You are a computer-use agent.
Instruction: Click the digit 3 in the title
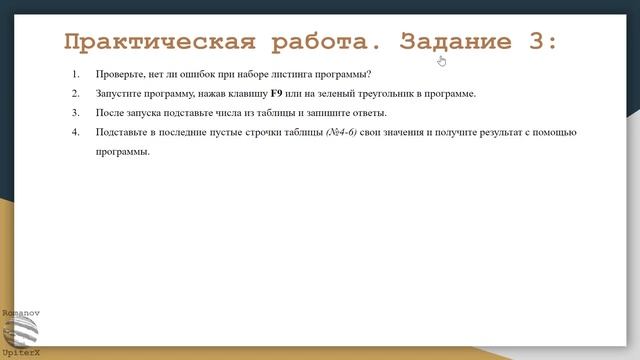click(534, 41)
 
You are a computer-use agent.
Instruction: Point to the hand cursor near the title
click(442, 60)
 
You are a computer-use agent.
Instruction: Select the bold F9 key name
click(277, 94)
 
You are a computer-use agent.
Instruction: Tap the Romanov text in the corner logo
click(18, 313)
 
